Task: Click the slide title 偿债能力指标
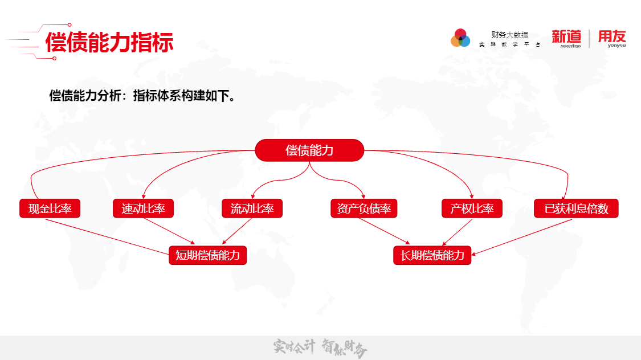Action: [x=109, y=42]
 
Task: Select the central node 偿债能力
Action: [x=309, y=150]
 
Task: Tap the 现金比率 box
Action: [x=50, y=209]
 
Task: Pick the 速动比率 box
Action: [x=143, y=209]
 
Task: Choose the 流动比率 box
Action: [x=252, y=209]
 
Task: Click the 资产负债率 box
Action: [x=364, y=209]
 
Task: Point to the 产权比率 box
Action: [x=472, y=209]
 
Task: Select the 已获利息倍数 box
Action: [x=576, y=209]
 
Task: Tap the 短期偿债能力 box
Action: [x=208, y=255]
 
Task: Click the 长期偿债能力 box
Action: [x=432, y=255]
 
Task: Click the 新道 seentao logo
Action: [x=566, y=38]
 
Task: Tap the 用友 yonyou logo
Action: [x=611, y=38]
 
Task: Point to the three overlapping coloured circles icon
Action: [x=460, y=38]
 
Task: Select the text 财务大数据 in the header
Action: [x=509, y=35]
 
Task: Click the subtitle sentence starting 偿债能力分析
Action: [x=142, y=96]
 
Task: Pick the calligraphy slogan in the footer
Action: [x=320, y=347]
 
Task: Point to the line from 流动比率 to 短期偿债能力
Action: [x=237, y=231]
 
